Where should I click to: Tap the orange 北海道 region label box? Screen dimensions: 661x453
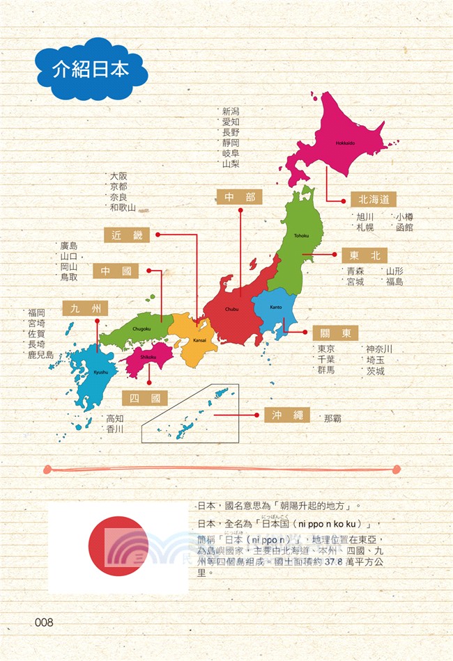pyautogui.click(x=373, y=199)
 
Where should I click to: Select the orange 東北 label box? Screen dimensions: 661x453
pyautogui.click(x=364, y=255)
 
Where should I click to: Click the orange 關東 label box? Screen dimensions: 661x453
pyautogui.click(x=335, y=332)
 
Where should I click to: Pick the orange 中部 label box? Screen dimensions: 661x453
pyautogui.click(x=239, y=198)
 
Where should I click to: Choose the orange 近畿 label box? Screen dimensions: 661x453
pyautogui.click(x=126, y=235)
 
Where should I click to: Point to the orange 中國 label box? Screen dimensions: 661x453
pyautogui.click(x=116, y=271)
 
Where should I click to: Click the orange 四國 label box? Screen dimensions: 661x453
pyautogui.click(x=145, y=398)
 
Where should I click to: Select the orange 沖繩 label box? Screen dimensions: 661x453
pyautogui.click(x=287, y=415)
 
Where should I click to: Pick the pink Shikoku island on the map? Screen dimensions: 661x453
pyautogui.click(x=148, y=356)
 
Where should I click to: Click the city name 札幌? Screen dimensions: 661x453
pyautogui.click(x=365, y=227)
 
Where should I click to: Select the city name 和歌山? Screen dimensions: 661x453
pyautogui.click(x=122, y=207)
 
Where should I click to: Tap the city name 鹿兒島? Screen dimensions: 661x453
pyautogui.click(x=40, y=355)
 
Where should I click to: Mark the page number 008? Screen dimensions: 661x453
pyautogui.click(x=43, y=622)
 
